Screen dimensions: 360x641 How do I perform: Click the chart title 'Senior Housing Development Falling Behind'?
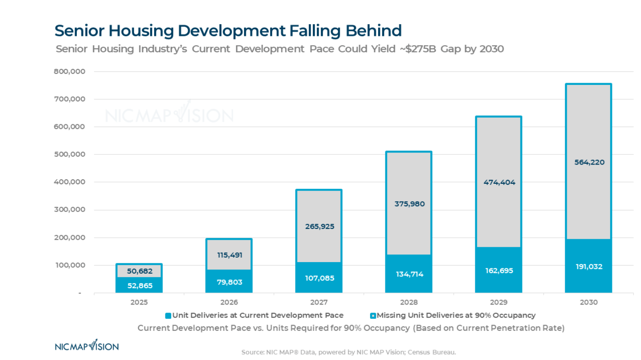point(228,31)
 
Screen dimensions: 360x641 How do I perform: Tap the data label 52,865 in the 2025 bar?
point(139,285)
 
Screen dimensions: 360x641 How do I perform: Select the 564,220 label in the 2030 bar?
point(589,162)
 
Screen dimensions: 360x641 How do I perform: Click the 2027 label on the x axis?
point(319,302)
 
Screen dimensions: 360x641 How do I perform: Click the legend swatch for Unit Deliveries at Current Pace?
point(168,316)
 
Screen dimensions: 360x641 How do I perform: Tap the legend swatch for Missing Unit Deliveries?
point(373,316)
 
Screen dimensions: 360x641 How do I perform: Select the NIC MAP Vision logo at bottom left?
point(86,346)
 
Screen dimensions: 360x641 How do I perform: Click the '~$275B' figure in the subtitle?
point(417,49)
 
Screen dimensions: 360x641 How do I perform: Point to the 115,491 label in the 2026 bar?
point(229,255)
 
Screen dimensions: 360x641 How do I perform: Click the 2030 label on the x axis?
point(589,302)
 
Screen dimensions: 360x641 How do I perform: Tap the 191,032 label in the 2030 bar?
point(589,267)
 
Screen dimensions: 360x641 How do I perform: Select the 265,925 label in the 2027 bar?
point(319,226)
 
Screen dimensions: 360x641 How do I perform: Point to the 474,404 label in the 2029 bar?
point(498,182)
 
